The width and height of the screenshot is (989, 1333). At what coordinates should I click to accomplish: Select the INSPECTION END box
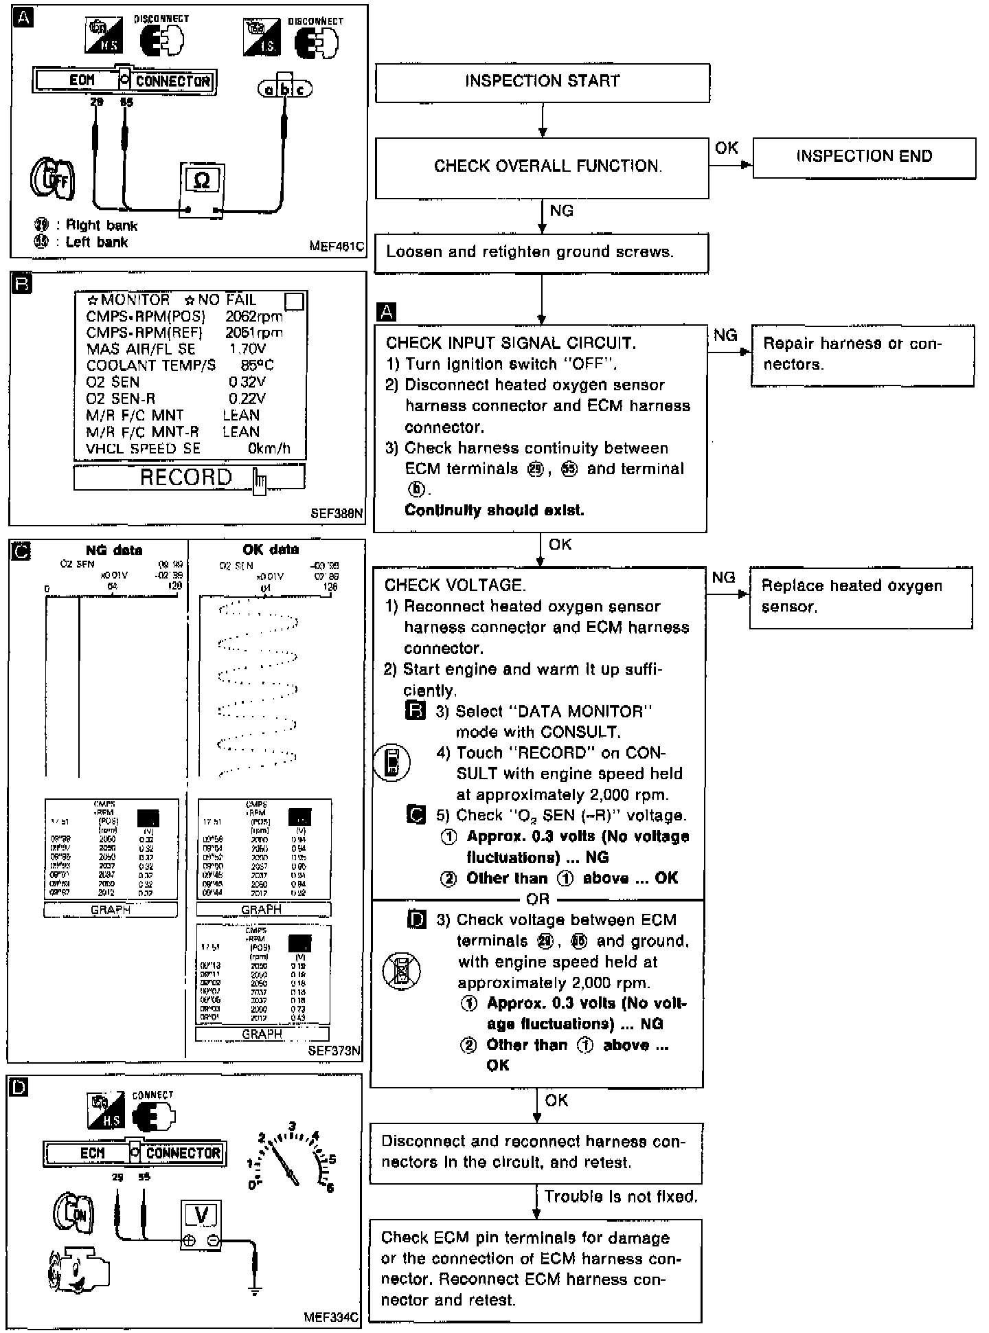[x=863, y=157]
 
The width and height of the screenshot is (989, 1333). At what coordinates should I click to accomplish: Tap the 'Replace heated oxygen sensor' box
[x=860, y=596]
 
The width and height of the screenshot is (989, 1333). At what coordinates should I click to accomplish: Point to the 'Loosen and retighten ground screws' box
[x=541, y=252]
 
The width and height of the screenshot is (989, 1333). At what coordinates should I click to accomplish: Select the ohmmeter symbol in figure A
[x=202, y=180]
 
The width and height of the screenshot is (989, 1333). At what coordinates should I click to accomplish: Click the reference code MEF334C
[x=330, y=1317]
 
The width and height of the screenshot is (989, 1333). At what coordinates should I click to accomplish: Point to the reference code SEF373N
[x=334, y=1051]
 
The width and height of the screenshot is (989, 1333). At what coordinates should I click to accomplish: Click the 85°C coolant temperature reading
[x=258, y=366]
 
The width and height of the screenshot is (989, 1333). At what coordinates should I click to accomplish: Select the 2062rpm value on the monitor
[x=253, y=317]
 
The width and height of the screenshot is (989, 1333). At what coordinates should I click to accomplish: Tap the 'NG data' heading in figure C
[x=114, y=550]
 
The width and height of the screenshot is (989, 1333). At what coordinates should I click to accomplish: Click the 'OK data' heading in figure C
[x=271, y=550]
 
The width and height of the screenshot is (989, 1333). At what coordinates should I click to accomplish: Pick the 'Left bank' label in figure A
[x=96, y=242]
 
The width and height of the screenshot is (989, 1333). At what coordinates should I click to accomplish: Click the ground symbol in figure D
[x=255, y=1290]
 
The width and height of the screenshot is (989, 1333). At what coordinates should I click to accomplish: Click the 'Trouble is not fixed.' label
[x=621, y=1196]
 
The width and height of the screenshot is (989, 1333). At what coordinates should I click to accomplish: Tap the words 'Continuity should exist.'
[x=494, y=511]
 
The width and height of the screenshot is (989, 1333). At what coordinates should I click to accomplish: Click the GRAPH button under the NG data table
[x=111, y=910]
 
